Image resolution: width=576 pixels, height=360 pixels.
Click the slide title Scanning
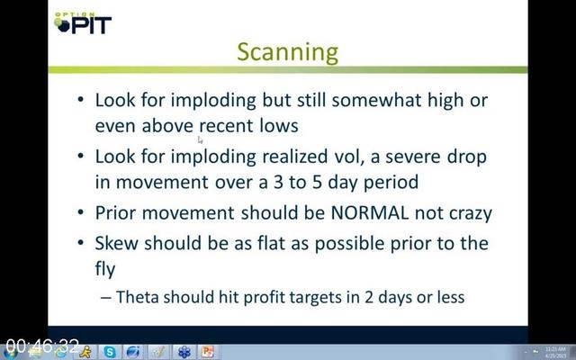point(288,52)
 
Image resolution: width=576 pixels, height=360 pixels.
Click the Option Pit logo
point(83,22)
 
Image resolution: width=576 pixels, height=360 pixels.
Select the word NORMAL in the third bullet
point(370,212)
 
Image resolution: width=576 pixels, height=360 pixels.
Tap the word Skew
point(117,243)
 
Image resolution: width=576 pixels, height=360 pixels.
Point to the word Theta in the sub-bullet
point(137,297)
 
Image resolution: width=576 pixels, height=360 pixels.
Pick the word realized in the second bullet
point(294,157)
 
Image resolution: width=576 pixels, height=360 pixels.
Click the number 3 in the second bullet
point(278,182)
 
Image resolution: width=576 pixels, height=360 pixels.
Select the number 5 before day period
point(317,182)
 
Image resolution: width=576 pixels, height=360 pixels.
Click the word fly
point(105,270)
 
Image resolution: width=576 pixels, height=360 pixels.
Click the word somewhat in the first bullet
point(376,100)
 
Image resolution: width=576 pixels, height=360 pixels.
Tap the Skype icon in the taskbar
point(110,352)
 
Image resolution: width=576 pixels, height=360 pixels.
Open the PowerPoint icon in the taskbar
point(208,352)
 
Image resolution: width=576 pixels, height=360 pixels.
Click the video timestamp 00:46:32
point(42,346)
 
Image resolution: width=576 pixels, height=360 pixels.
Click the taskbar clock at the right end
point(555,352)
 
